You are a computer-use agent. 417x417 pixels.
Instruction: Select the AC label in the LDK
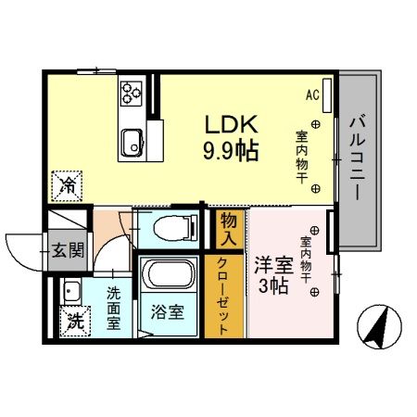pos(312,95)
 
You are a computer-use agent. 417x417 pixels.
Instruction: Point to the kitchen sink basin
pos(131,142)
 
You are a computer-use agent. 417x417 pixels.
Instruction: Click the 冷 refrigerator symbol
pos(69,185)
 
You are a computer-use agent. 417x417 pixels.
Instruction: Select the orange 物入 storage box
pos(230,228)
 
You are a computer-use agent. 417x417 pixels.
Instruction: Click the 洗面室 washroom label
pos(113,308)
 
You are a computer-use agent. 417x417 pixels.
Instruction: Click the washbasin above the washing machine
pos(69,291)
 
